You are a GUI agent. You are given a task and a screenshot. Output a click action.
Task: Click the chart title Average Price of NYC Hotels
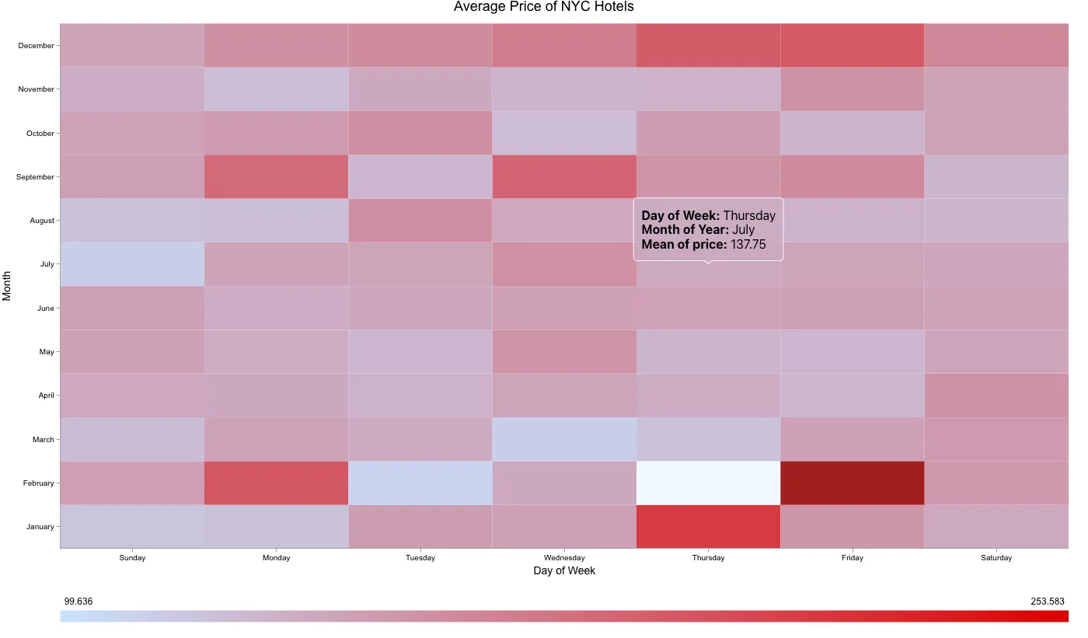[543, 7]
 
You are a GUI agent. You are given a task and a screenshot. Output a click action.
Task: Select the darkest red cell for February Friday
[852, 483]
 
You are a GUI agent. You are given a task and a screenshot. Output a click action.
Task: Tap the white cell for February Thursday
[708, 483]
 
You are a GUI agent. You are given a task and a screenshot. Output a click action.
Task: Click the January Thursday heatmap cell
[708, 526]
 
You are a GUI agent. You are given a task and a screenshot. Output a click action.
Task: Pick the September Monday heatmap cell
[276, 176]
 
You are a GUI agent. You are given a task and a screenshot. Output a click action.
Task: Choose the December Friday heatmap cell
[852, 45]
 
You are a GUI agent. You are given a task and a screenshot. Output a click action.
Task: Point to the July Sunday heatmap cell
[132, 264]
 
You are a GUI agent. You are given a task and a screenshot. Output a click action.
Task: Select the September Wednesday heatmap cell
[564, 176]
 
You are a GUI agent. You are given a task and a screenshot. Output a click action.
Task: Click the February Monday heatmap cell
[276, 483]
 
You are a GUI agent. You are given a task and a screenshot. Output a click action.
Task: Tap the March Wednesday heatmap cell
[564, 439]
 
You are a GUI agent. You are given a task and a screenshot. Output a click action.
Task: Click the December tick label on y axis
[36, 46]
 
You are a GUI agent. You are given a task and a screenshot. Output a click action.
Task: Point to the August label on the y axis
[42, 221]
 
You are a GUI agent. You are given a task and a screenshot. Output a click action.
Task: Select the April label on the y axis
[47, 396]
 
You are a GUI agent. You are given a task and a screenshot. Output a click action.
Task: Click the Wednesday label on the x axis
[564, 558]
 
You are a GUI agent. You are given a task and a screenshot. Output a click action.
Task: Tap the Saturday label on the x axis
[996, 558]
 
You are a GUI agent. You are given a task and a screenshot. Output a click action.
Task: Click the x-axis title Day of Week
[564, 571]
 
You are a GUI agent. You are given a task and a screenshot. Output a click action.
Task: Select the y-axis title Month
[7, 286]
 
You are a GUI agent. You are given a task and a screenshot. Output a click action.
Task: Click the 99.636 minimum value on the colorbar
[78, 601]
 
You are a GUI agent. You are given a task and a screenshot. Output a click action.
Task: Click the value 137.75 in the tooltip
[748, 245]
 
